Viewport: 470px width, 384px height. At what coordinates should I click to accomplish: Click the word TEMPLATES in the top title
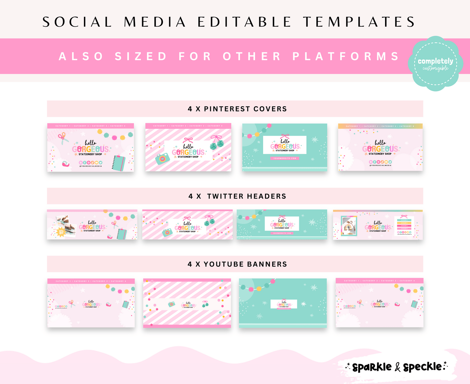pos(359,22)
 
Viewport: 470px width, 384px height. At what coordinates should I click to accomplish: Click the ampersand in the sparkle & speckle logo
pos(397,367)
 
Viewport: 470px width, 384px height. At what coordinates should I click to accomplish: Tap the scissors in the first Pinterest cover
pos(62,138)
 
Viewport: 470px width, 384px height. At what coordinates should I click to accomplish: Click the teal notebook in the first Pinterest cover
pos(119,163)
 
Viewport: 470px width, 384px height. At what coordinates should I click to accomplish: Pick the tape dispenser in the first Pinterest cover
pos(66,164)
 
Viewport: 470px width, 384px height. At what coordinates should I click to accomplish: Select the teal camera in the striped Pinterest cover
pos(162,159)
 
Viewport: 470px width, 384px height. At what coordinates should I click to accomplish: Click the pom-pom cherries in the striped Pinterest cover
pos(215,143)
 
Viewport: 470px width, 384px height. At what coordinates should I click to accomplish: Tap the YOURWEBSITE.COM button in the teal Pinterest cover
pos(285,159)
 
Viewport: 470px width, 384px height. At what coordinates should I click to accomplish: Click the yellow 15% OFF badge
pos(61,232)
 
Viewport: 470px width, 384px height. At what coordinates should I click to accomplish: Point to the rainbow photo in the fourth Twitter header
pos(349,226)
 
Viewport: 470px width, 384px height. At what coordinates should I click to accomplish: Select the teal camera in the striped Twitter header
pos(168,232)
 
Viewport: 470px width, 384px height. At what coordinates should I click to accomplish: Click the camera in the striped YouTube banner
pos(171,304)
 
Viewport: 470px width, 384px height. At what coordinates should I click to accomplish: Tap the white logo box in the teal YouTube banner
pos(284,304)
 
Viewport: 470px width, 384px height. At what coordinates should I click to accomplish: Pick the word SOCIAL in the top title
pos(77,22)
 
